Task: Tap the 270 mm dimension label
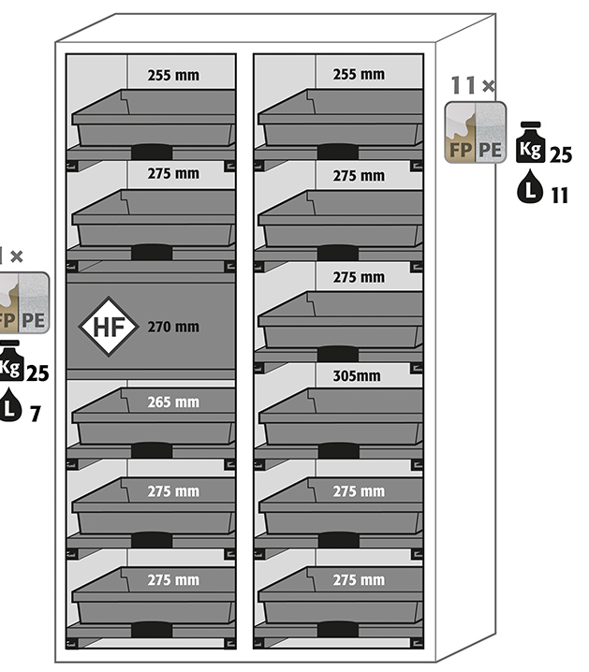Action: [x=173, y=328]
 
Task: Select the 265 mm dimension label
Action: [x=173, y=402]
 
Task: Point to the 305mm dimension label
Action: [x=358, y=376]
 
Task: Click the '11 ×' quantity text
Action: [x=473, y=86]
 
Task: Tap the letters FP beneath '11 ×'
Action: [x=460, y=149]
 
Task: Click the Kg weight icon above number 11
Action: [x=530, y=147]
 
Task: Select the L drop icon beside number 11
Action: [x=530, y=191]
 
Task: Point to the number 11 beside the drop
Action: [x=560, y=195]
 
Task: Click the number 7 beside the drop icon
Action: [x=36, y=413]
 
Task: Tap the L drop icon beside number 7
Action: [x=9, y=408]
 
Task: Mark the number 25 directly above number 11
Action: [x=560, y=155]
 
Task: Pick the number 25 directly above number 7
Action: [x=37, y=373]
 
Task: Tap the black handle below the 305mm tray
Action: [x=338, y=451]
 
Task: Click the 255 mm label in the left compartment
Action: [x=173, y=74]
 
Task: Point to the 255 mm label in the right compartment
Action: [x=359, y=74]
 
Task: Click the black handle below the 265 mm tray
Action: [x=152, y=451]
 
